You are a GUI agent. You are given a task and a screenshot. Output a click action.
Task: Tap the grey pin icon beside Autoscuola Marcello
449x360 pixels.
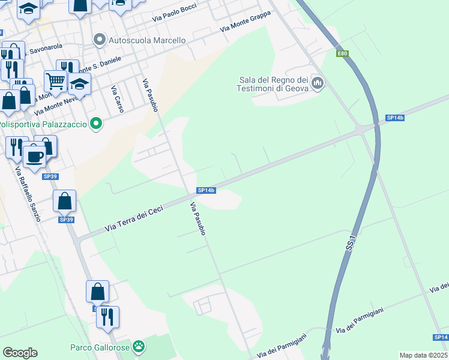pos(99,40)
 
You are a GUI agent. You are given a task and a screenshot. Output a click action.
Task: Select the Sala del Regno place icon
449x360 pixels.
pos(318,83)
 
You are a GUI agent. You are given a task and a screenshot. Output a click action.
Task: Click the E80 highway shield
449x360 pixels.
pos(342,54)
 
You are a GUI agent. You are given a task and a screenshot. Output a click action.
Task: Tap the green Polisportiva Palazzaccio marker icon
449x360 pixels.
pos(95,124)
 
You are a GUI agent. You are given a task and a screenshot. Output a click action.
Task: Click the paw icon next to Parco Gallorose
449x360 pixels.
pos(139,346)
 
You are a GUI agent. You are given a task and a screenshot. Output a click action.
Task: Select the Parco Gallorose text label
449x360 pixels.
pos(100,347)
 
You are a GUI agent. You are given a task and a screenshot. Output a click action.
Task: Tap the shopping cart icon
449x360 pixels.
pos(55,80)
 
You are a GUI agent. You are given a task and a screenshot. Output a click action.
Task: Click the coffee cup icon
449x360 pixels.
pos(34,156)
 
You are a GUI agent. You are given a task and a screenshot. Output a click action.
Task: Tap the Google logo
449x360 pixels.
pos(20,353)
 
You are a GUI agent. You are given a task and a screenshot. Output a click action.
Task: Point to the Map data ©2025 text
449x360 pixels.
pos(423,355)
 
